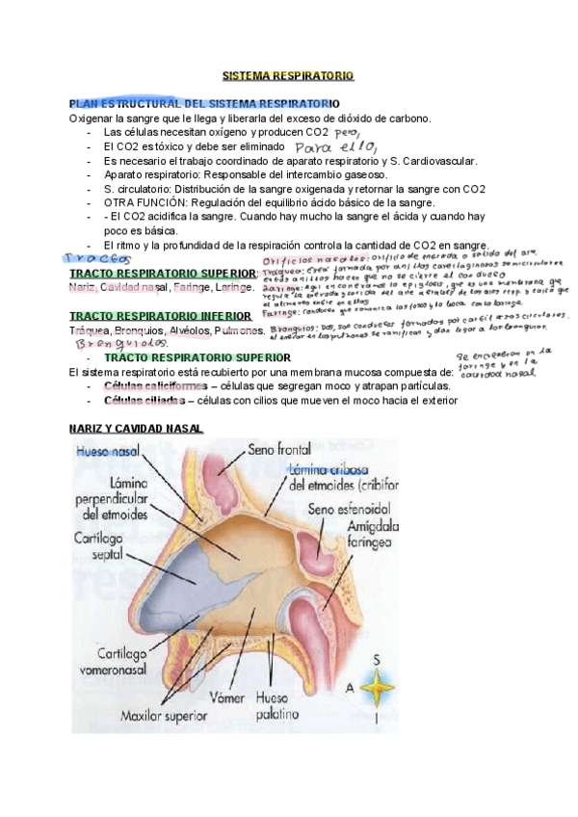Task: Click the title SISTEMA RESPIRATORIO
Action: [288, 74]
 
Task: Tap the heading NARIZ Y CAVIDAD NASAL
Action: [136, 428]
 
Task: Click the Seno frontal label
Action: [279, 449]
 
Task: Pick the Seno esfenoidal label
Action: [349, 508]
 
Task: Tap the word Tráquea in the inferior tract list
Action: [88, 330]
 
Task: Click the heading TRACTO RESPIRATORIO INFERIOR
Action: [160, 315]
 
